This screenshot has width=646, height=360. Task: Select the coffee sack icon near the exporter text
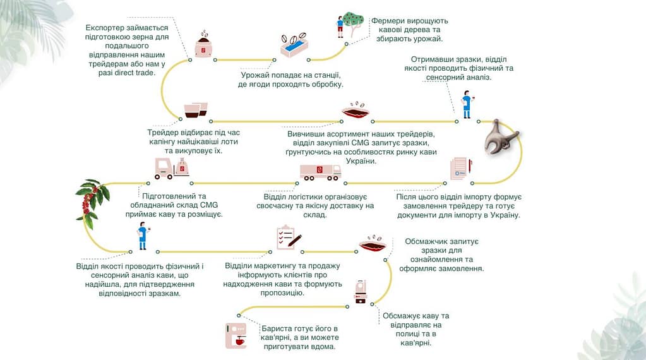click(203, 45)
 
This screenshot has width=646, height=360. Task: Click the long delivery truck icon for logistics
click(320, 171)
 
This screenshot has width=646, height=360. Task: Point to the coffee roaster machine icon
click(361, 291)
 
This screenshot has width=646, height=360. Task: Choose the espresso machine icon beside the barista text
click(236, 335)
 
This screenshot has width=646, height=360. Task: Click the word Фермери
click(390, 21)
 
